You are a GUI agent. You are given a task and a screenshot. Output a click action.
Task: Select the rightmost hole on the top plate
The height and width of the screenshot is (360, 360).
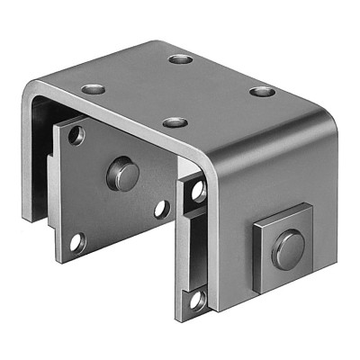[x=261, y=92]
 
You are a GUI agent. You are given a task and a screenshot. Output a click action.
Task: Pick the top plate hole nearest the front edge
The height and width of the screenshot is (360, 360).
[x=175, y=122]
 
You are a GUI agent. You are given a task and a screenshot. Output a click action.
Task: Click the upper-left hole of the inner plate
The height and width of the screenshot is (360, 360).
[x=77, y=137]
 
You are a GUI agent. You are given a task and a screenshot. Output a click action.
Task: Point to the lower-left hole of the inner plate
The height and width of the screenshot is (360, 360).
[x=77, y=240]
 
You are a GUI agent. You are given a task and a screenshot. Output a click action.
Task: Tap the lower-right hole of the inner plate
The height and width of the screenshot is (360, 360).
[x=161, y=209]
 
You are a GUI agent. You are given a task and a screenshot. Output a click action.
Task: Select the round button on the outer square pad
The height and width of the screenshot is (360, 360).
[x=288, y=247]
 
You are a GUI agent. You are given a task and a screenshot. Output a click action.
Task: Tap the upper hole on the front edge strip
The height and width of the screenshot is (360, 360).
[x=197, y=192]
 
